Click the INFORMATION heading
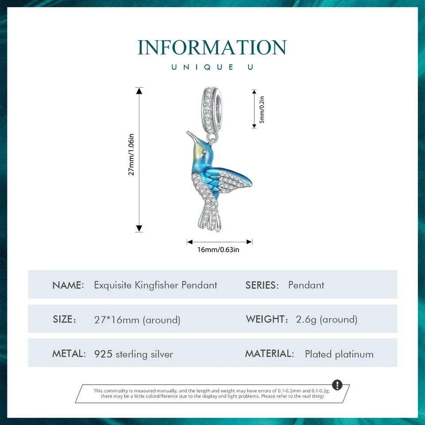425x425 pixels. point(212,48)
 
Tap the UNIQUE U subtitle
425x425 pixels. point(212,67)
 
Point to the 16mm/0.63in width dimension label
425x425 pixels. point(218,250)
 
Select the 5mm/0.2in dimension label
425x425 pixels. point(262,109)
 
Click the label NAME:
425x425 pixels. point(68,285)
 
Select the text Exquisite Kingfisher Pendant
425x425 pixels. point(155,285)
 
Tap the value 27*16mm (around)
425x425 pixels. point(137,320)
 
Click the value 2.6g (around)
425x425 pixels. point(327,320)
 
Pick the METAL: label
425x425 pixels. point(69,354)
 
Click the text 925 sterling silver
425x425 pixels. point(134,354)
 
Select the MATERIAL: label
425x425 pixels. point(270,354)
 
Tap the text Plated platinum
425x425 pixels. point(339,354)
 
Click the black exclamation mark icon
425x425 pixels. point(337,384)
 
